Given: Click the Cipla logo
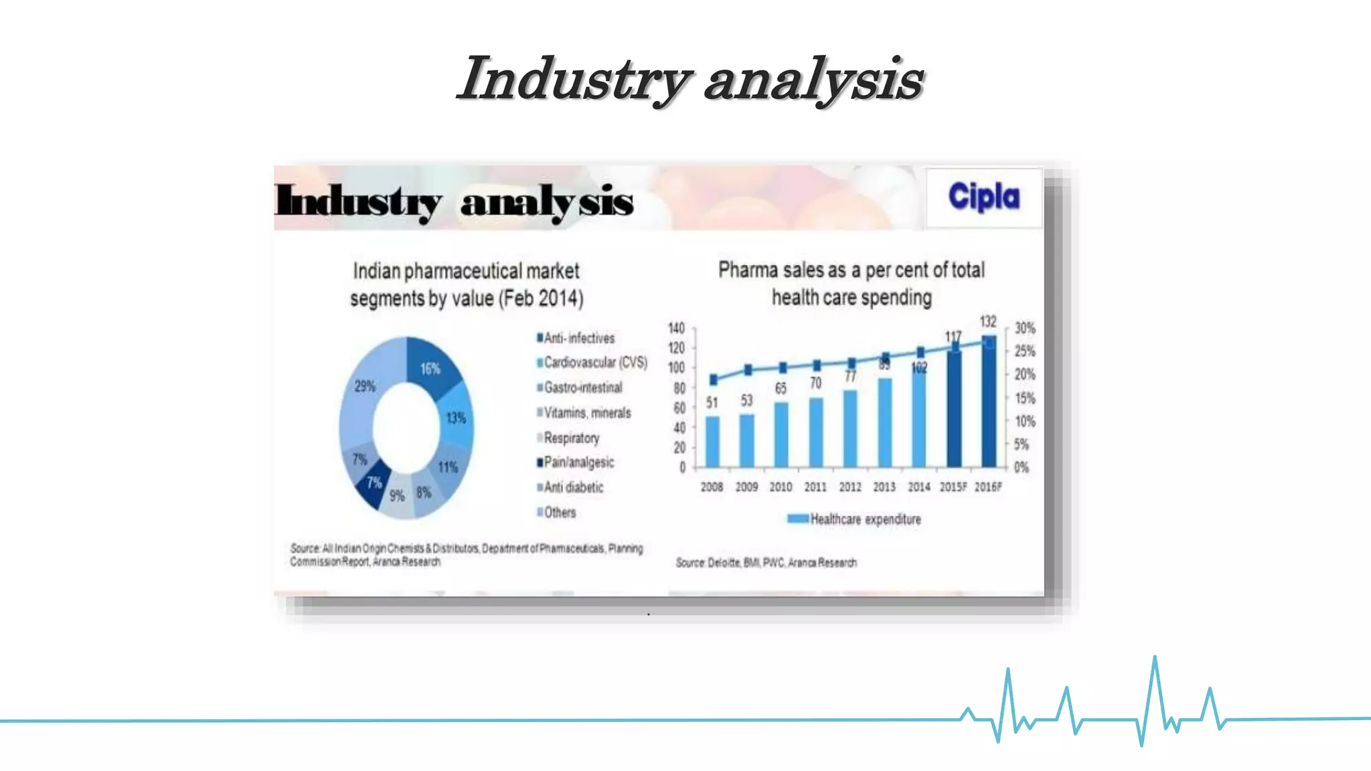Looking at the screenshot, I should point(983,197).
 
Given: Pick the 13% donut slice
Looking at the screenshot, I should point(455,418).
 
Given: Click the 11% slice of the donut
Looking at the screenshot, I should point(448,466).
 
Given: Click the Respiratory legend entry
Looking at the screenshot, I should point(571,438).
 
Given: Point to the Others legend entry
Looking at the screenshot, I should point(560,513).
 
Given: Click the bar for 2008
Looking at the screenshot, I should point(712,441).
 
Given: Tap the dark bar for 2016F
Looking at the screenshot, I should point(989,402).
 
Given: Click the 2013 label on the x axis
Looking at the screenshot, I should point(884,487).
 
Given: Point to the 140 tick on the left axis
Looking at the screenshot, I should point(676,328).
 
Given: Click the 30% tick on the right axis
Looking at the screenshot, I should point(1024,328).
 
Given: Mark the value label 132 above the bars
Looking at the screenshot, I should point(988,322).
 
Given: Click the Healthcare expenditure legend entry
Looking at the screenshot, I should point(865,519).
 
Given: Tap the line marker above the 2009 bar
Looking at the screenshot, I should point(748,370).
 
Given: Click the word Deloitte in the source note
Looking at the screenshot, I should point(724,563).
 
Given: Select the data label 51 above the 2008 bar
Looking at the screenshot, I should point(712,403).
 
